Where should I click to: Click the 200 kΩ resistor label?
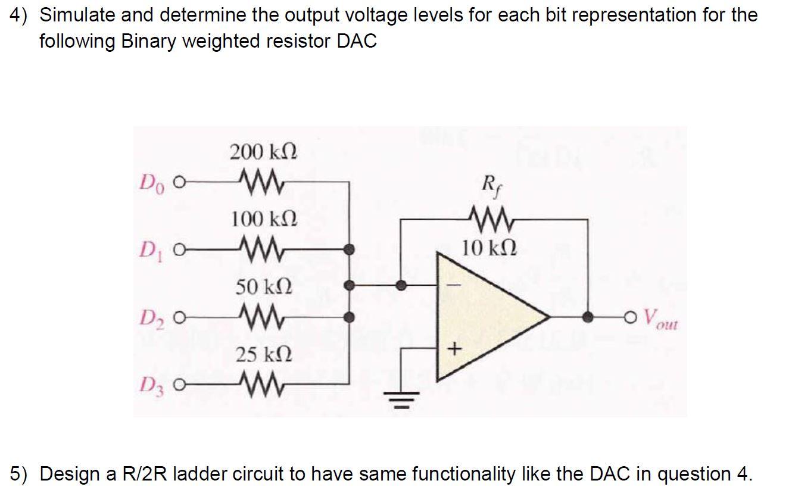[x=263, y=152]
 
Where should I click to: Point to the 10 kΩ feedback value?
[x=489, y=246]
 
